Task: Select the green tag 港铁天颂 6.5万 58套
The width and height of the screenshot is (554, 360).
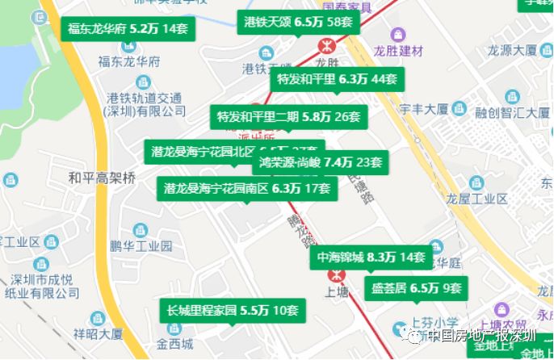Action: (x=298, y=22)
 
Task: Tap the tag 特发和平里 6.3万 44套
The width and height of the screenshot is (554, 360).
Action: (x=338, y=79)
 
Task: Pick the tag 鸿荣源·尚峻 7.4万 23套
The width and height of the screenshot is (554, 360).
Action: (x=320, y=162)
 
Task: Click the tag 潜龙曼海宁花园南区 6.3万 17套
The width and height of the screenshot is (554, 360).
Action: (x=246, y=189)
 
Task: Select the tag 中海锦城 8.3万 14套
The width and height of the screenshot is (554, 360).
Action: (x=371, y=257)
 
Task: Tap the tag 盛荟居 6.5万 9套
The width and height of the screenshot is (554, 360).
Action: (x=416, y=287)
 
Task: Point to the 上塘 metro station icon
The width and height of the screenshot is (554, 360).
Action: (x=332, y=276)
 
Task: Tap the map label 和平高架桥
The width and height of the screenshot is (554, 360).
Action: (x=103, y=178)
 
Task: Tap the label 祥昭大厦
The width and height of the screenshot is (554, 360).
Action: (x=98, y=333)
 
